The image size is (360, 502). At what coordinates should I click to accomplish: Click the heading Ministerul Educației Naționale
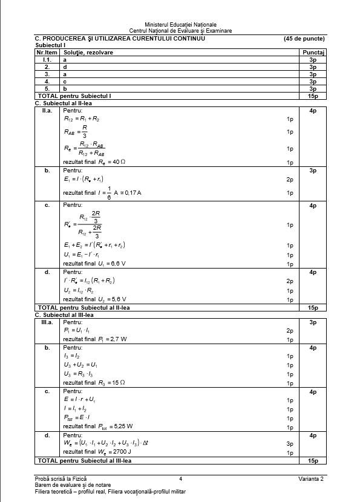pos(180,24)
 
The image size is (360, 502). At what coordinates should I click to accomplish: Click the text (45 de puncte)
pos(304,38)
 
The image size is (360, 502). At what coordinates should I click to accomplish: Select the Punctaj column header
pos(313,53)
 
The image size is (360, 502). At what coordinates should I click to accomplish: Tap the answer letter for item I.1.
pos(65,60)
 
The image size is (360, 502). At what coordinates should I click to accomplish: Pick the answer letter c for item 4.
pos(65,81)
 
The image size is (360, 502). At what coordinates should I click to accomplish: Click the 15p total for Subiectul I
pos(313,96)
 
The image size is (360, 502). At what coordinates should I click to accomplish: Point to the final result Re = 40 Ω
pos(98,162)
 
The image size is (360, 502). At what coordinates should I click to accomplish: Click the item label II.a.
pos(47,111)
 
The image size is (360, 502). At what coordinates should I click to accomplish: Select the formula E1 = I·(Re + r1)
pos(83,179)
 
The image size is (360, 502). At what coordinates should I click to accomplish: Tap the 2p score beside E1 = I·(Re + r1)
pos(290,180)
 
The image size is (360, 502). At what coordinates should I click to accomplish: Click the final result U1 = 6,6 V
pos(94,264)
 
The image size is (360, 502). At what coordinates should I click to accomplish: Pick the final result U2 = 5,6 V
pos(94,299)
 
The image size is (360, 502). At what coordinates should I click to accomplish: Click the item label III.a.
pos(47,322)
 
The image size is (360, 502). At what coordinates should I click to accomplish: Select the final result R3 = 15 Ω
pos(94,382)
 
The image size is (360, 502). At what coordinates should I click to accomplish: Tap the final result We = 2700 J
pos(97,452)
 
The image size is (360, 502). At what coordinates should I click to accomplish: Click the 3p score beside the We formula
pos(290,443)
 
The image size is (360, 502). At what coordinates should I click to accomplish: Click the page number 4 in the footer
pos(180,479)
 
